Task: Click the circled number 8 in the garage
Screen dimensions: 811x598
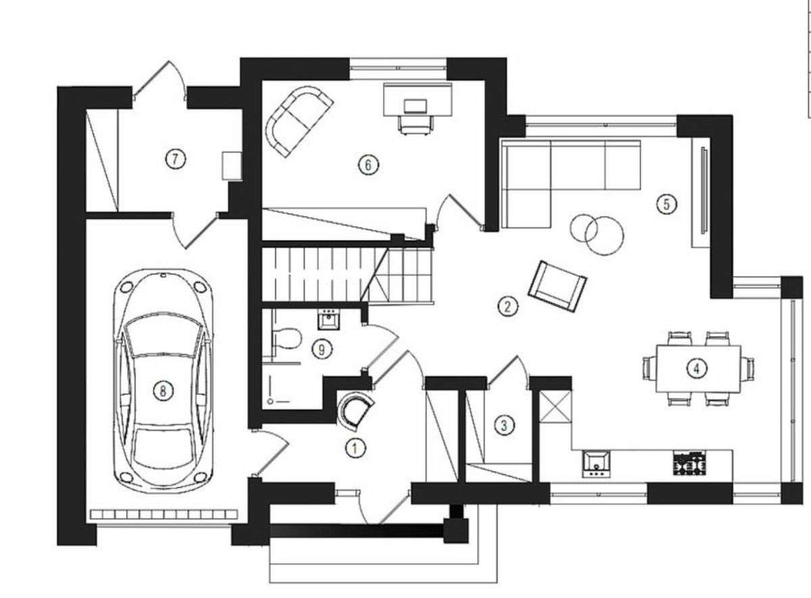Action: coord(163,391)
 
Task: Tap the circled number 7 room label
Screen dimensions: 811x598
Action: coord(176,159)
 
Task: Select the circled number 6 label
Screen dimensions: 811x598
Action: coord(368,165)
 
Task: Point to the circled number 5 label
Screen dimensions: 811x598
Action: coord(667,205)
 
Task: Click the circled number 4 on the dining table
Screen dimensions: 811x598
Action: coord(696,368)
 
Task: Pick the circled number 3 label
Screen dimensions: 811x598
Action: coord(504,424)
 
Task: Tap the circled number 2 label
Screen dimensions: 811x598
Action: coord(508,307)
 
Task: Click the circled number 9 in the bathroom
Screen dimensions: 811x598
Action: coord(322,349)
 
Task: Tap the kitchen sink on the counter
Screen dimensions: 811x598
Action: coord(596,464)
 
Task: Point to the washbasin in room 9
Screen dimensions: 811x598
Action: coord(328,320)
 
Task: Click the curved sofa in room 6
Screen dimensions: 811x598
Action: coord(299,121)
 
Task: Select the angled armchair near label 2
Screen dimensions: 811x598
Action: coord(557,286)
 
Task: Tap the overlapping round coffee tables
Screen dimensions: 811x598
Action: coord(597,234)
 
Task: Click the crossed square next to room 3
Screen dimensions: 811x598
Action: coord(556,406)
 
